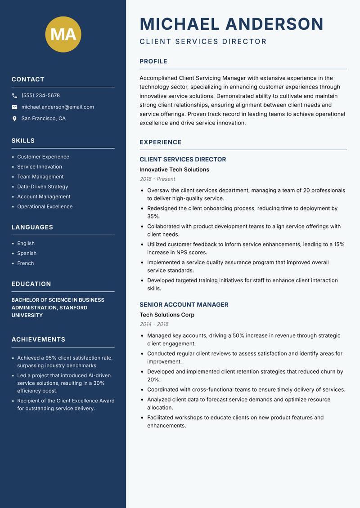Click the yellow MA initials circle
tap(63, 34)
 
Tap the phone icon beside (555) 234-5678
tap(14, 96)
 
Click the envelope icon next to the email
tap(14, 107)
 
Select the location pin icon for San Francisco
tap(14, 119)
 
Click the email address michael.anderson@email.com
tap(58, 107)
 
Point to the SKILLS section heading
tap(23, 141)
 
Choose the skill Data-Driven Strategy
tap(43, 187)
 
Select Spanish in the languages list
tap(27, 254)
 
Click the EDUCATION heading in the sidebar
tap(31, 284)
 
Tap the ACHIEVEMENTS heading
tap(38, 339)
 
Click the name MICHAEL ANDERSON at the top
tap(231, 24)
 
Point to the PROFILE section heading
tap(153, 62)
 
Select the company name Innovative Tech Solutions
tap(174, 169)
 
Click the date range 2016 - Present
tap(157, 179)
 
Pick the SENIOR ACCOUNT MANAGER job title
tap(184, 304)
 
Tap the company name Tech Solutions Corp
tap(167, 315)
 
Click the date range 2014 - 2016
tap(154, 324)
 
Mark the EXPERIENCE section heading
tap(160, 142)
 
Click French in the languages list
tap(26, 263)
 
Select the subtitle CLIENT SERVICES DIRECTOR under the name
tap(203, 42)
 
